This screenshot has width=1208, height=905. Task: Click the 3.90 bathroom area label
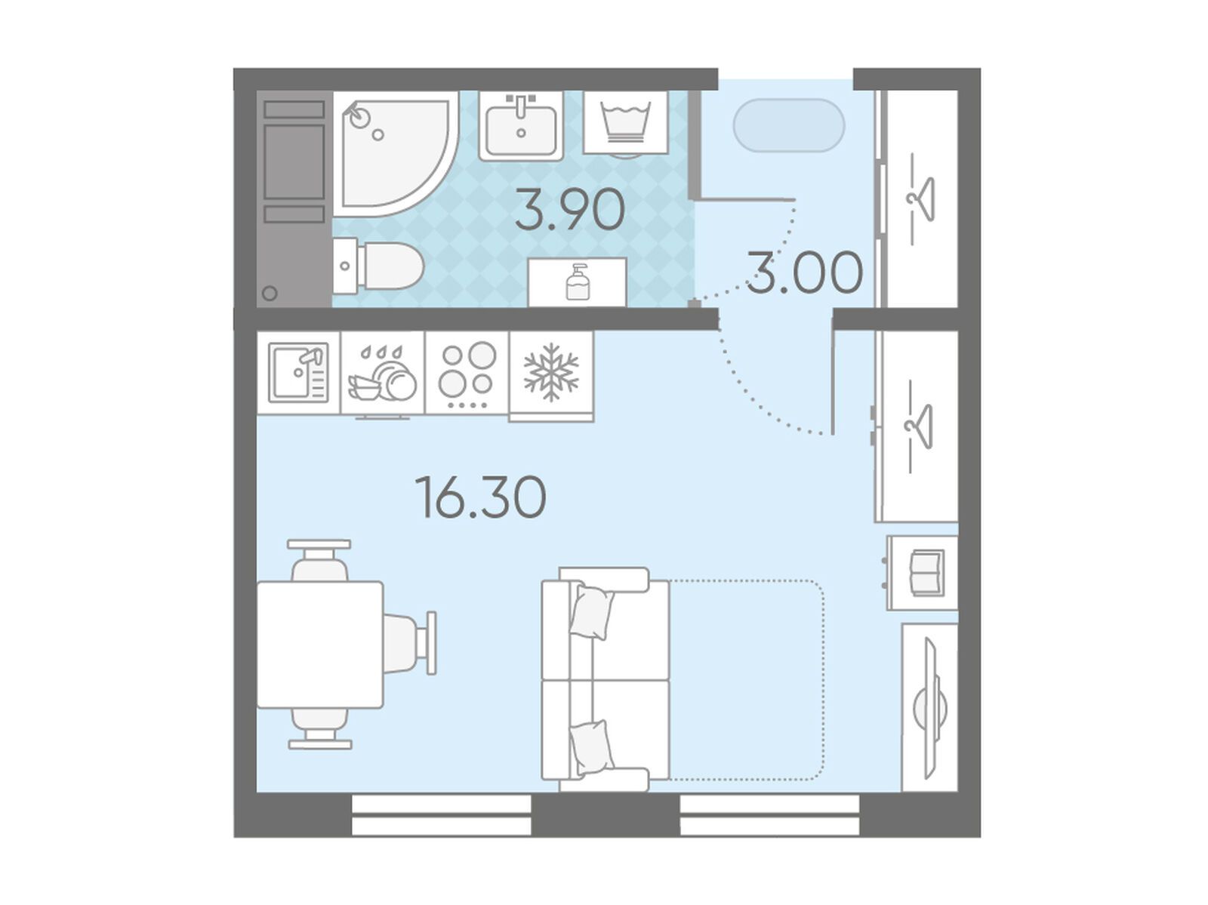569,210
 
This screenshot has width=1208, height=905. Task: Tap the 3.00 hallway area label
804,272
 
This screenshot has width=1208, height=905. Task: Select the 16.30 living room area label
480,497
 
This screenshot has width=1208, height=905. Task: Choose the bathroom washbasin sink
521,125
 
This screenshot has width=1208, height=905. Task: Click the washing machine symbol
626,123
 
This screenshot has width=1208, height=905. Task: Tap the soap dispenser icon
577,282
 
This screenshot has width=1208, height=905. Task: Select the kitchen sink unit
298,372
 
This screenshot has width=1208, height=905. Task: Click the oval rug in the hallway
789,125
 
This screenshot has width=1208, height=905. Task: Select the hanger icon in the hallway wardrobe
920,199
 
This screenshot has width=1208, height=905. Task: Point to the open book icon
928,573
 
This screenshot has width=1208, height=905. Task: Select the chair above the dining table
319,560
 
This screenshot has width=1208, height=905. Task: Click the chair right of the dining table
409,643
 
